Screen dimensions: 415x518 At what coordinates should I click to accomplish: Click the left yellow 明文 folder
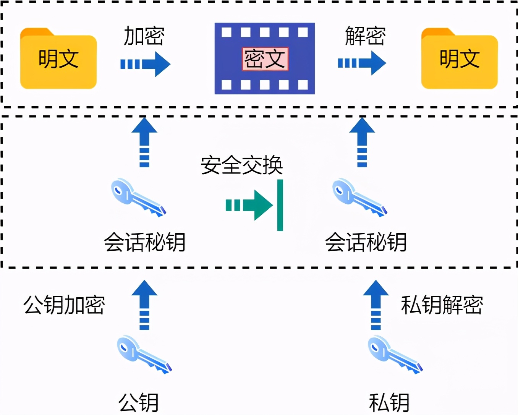[x=58, y=59]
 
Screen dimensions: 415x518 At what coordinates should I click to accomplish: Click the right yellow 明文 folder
[x=459, y=59]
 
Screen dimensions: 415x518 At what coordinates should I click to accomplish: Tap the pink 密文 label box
[x=265, y=59]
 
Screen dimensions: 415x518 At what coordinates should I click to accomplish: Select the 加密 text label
[x=144, y=36]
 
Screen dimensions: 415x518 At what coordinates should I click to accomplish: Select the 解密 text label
[x=365, y=36]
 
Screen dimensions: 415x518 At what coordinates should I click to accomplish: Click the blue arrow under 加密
[x=146, y=64]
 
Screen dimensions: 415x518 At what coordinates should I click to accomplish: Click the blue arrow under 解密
[x=362, y=63]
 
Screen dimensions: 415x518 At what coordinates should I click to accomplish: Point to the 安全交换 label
[x=242, y=165]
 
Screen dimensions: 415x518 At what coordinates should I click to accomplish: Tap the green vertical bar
[x=280, y=205]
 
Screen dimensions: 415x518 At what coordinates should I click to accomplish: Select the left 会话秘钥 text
[x=145, y=242]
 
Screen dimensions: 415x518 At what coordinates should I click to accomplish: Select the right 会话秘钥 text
[x=366, y=242]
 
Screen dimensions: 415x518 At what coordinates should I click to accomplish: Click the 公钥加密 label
[x=64, y=305]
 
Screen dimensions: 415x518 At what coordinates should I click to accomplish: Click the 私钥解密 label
[x=442, y=305]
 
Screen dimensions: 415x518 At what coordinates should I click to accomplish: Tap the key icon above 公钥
[x=144, y=354]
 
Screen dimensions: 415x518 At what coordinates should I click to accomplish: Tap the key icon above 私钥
[x=395, y=354]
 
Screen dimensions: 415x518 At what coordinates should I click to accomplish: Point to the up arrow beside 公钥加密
[x=144, y=305]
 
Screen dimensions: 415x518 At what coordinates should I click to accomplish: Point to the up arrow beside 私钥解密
[x=376, y=305]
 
